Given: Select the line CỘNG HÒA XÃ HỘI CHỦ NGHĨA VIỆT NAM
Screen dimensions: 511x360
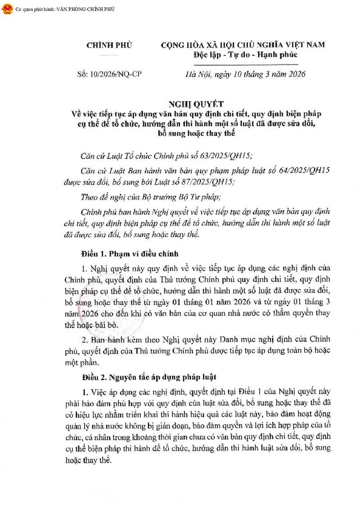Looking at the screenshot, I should (243, 45).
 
